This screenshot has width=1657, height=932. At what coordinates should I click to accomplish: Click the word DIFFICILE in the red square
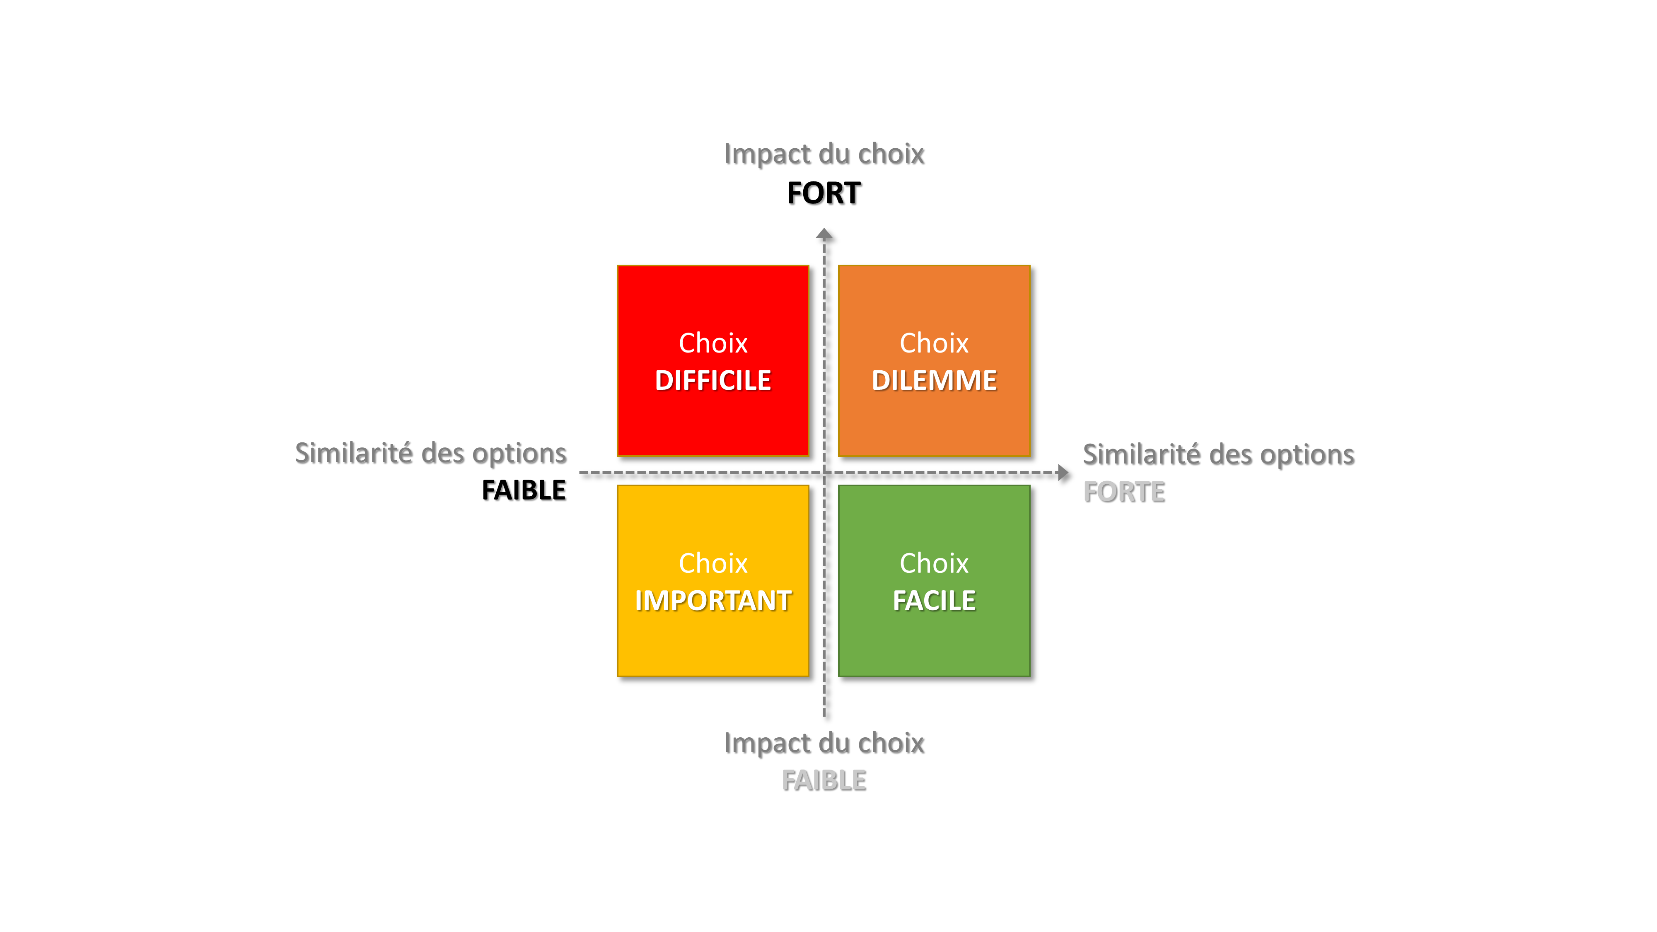click(x=713, y=381)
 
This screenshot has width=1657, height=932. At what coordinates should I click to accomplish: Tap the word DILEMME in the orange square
click(x=934, y=381)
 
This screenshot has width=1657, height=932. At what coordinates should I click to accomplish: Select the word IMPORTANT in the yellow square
click(x=713, y=601)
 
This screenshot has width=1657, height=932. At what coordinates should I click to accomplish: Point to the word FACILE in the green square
click(x=934, y=601)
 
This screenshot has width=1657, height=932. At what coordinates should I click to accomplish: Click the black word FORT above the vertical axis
click(x=824, y=193)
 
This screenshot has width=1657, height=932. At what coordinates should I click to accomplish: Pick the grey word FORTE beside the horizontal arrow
click(x=1124, y=492)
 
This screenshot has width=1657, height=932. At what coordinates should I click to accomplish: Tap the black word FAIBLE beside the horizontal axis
click(x=524, y=490)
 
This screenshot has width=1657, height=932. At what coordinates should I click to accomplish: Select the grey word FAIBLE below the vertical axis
click(x=824, y=781)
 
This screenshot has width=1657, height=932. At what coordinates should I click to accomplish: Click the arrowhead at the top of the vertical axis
click(x=824, y=234)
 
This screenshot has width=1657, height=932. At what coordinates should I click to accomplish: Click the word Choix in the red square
click(x=713, y=343)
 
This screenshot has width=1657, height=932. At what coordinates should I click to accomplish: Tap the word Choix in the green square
click(x=934, y=563)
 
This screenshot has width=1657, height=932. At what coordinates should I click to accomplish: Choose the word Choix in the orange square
click(x=934, y=343)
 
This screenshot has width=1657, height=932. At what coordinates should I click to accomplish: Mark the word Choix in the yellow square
click(x=713, y=563)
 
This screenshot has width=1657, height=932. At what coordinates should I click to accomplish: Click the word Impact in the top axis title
click(x=767, y=155)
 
